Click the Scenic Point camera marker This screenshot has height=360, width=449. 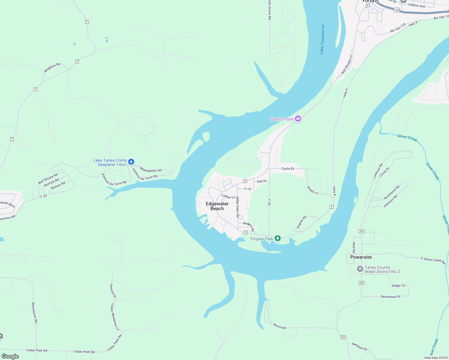[x=298, y=119]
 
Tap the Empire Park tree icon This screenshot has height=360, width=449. [x=278, y=238]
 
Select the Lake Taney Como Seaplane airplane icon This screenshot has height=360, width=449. [x=131, y=162]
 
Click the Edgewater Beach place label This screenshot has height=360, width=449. [x=217, y=206]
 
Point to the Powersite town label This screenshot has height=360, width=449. [x=361, y=257]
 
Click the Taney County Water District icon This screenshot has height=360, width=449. [x=360, y=269]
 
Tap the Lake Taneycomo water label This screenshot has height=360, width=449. [x=322, y=39]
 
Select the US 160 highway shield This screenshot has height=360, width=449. [x=396, y=10]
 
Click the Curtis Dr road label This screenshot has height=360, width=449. [x=288, y=169]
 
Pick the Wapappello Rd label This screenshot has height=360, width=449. [x=150, y=170]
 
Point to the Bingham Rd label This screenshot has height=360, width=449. [x=52, y=67]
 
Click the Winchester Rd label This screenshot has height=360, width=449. [x=35, y=312]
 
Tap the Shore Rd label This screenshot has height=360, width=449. [x=279, y=326]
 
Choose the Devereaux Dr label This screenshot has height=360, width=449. [x=390, y=297]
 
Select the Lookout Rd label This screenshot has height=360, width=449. [x=378, y=171]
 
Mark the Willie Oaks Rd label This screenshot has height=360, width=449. [x=237, y=207]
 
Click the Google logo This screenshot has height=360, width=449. [x=10, y=356]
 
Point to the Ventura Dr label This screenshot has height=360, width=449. [x=113, y=291]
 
